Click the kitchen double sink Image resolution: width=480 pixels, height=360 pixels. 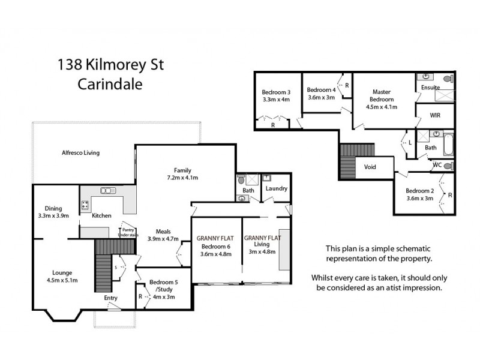108,191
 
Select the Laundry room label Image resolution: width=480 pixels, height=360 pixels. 276,188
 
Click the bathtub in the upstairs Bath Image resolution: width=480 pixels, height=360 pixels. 448,145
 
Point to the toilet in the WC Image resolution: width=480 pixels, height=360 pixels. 447,165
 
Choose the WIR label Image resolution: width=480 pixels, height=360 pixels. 435,116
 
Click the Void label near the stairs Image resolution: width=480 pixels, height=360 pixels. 370,167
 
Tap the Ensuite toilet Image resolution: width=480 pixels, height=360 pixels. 448,79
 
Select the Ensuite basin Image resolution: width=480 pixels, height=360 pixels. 426,77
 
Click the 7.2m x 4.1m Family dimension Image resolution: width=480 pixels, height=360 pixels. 182,178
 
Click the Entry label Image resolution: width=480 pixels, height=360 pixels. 111,298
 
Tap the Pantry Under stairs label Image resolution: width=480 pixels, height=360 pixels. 128,232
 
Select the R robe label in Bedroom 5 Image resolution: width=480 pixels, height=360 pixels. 140,296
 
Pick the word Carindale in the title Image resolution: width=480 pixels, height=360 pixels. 110,85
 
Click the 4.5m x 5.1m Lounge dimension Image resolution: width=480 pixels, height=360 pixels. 62,280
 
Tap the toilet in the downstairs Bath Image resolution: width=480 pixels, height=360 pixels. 241,179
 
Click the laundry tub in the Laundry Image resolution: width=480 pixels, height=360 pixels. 266,178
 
